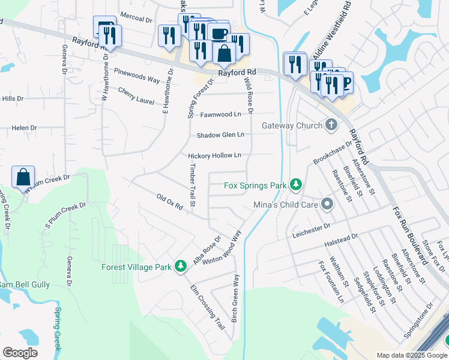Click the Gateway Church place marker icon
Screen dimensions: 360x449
(330, 125)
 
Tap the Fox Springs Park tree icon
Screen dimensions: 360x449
(295, 185)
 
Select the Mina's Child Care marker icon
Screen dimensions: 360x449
(327, 205)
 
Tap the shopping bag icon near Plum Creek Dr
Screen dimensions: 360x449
(23, 178)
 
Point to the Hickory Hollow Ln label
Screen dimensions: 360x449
(214, 155)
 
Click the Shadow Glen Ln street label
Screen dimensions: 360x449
(220, 135)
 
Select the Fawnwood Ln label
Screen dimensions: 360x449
(220, 114)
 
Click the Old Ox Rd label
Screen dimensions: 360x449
(169, 202)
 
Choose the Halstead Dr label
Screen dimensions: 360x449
(340, 240)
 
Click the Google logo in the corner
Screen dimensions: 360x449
(20, 353)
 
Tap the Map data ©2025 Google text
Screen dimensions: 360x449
(411, 355)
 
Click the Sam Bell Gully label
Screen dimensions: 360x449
(24, 284)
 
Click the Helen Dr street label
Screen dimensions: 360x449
(24, 128)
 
